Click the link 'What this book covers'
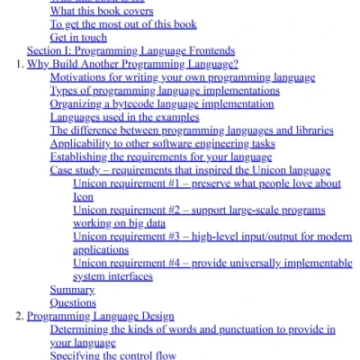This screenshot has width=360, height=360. tap(101, 11)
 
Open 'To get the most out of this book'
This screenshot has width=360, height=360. tap(123, 24)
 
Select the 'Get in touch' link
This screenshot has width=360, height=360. tap(78, 38)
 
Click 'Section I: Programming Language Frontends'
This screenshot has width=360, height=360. tap(130, 51)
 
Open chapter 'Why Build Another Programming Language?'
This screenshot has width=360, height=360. tap(132, 65)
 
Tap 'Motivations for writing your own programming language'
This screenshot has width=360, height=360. tap(183, 78)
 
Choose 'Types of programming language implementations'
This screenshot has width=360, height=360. tap(165, 91)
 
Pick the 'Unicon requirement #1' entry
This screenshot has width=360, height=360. tap(206, 184)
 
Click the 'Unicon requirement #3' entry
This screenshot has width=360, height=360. tap(211, 237)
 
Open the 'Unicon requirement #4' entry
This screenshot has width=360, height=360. tap(211, 264)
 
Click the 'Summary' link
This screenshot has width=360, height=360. tap(72, 290)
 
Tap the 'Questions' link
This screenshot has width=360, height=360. tap(73, 303)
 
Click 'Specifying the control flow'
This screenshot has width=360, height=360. tap(115, 355)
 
